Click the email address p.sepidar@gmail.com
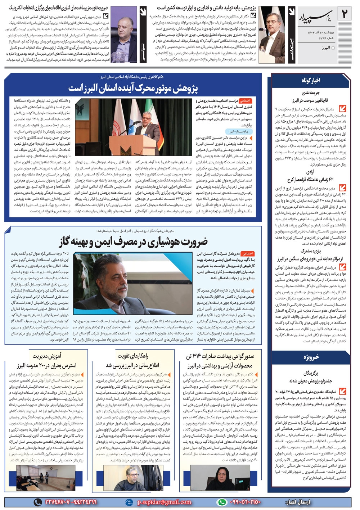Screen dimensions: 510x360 164,502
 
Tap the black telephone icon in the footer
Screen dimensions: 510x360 37,502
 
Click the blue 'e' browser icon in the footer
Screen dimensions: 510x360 129,502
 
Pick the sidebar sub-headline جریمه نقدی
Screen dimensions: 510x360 310,93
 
